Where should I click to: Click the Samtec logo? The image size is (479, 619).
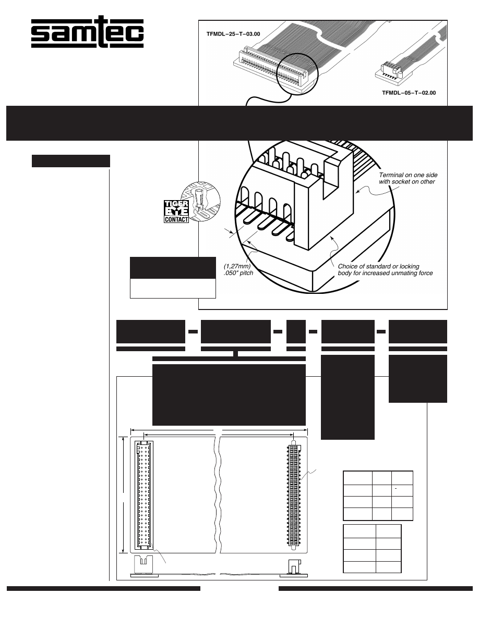pos(87,32)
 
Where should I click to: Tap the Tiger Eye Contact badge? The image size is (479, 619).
pos(176,211)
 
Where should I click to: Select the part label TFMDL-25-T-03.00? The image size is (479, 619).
pos(233,34)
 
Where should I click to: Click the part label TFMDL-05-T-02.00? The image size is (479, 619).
pos(409,93)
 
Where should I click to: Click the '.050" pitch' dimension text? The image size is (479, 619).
pos(238,273)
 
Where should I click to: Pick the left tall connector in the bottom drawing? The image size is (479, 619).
pos(144,496)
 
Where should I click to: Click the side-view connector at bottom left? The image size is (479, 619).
pos(144,566)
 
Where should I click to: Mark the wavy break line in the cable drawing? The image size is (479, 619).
pos(217,495)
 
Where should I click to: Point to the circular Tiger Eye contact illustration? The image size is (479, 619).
pos(200,201)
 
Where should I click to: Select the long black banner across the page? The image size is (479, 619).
pos(239,123)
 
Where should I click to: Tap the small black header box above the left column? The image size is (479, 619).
pos(71,161)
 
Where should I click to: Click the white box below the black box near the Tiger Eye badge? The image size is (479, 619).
pos(173,289)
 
